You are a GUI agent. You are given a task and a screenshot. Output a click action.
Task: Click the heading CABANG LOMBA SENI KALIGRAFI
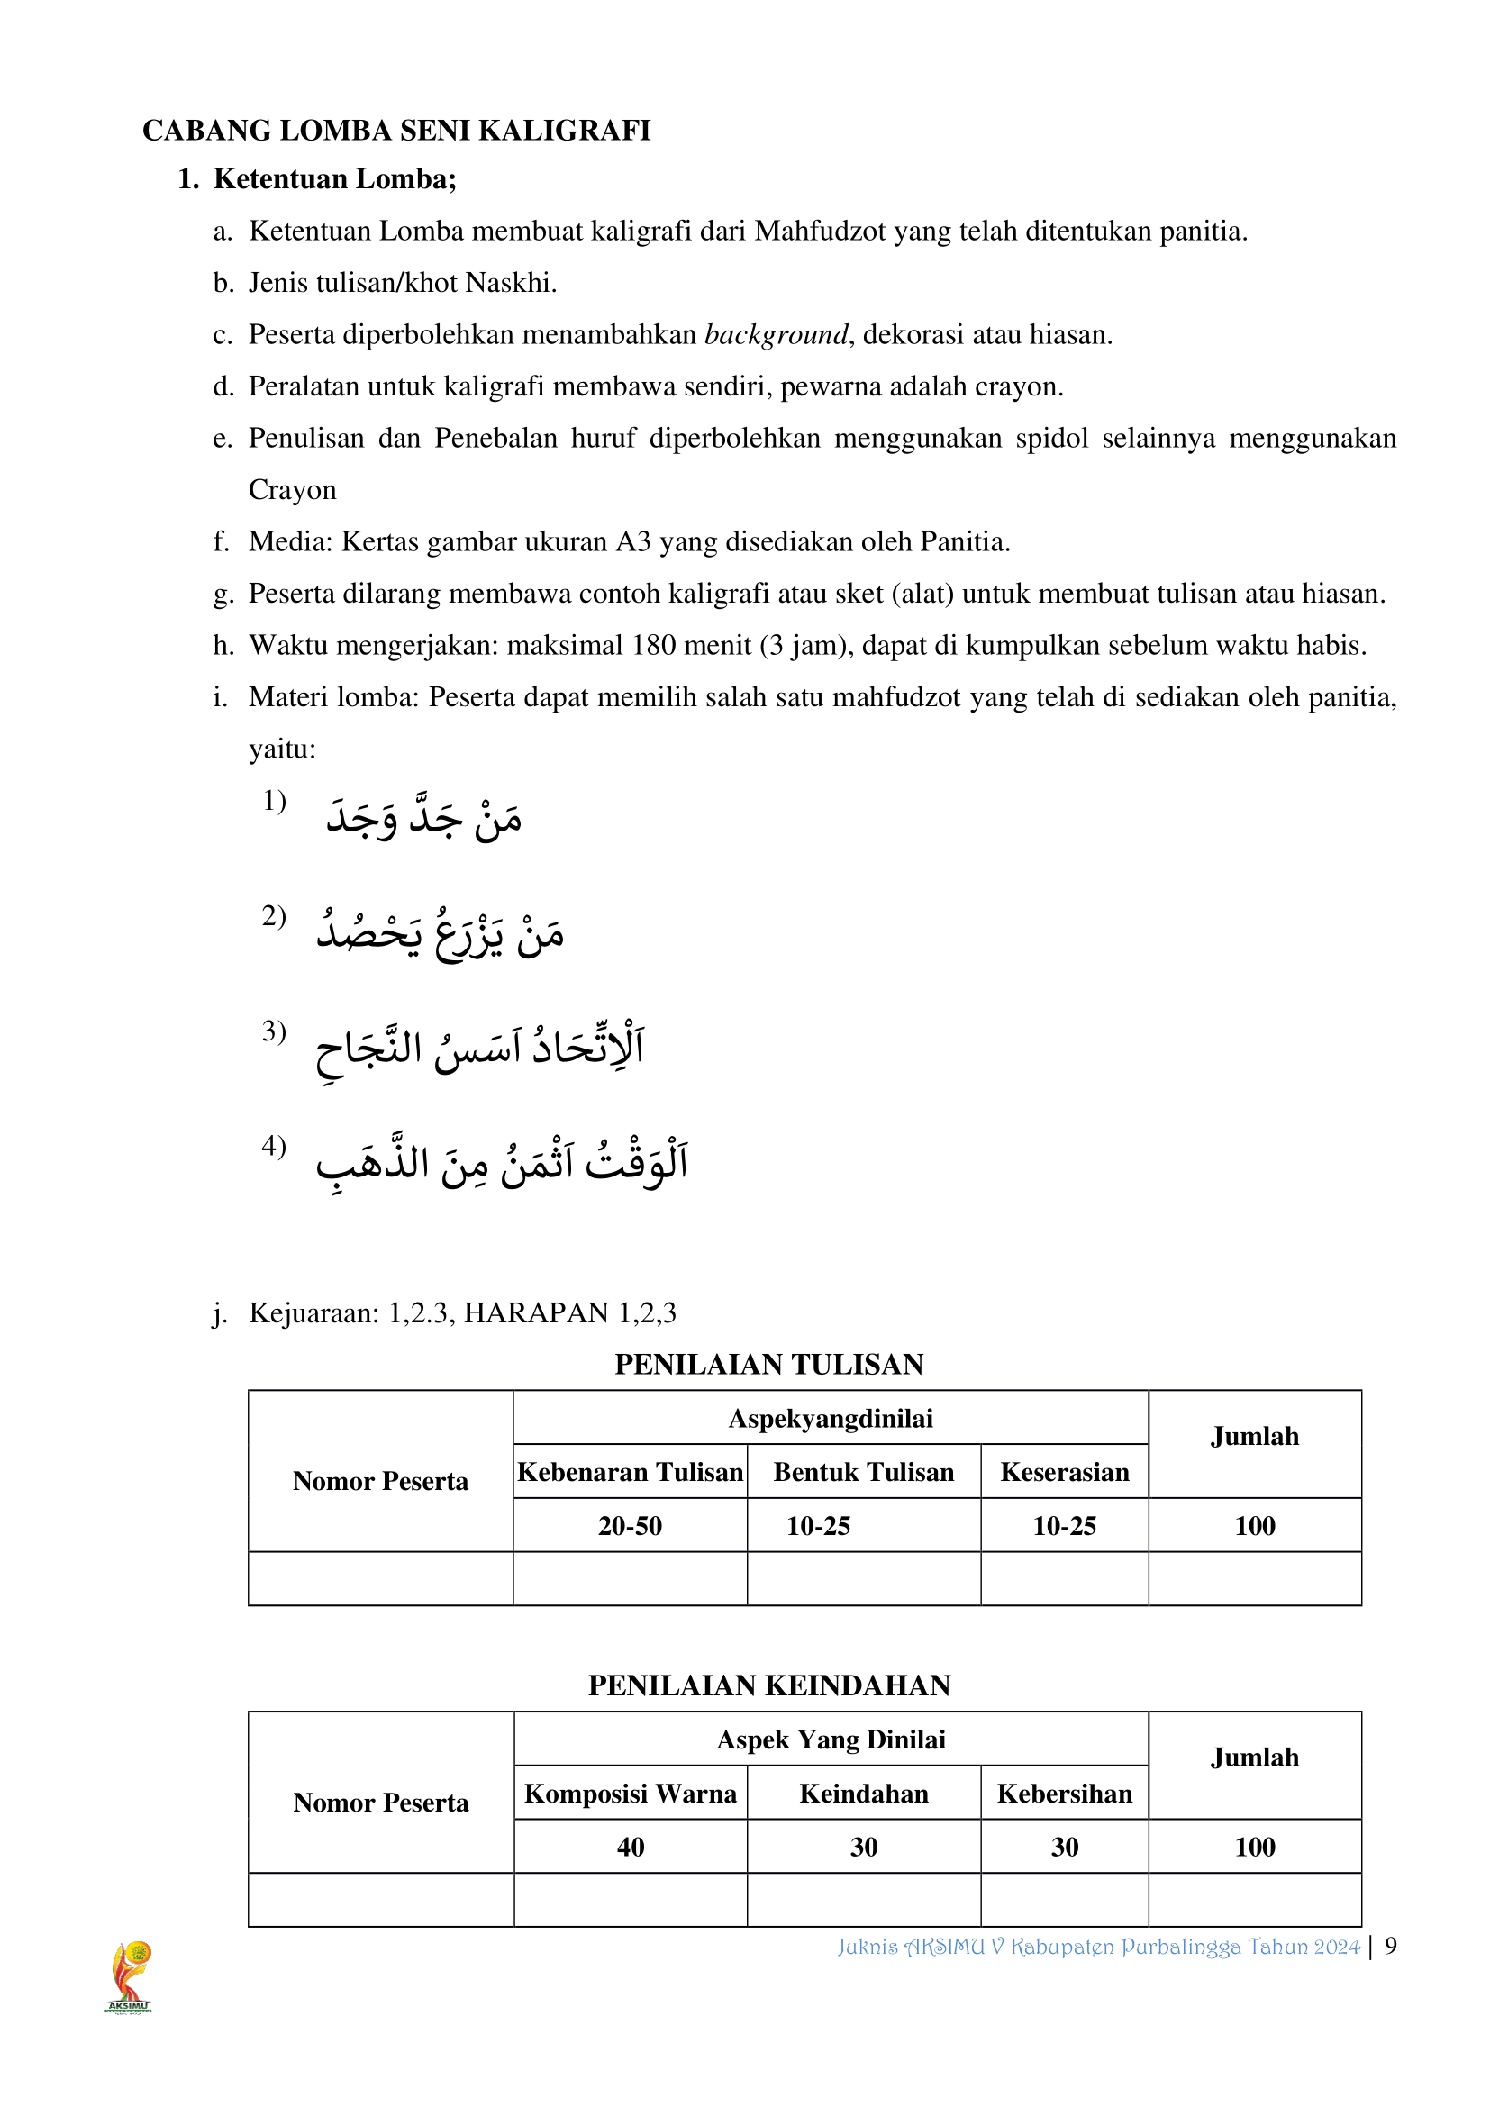[x=396, y=131]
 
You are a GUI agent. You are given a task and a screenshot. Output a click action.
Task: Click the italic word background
[x=777, y=335]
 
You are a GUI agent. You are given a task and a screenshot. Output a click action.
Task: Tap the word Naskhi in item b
[x=510, y=283]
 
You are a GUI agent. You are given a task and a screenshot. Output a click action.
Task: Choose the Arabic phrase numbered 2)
[x=441, y=932]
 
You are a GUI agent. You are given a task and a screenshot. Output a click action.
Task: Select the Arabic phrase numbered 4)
[x=501, y=1163]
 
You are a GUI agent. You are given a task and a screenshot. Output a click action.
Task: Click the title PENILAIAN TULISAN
[x=768, y=1365]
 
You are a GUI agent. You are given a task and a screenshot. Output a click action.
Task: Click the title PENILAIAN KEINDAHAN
[x=768, y=1685]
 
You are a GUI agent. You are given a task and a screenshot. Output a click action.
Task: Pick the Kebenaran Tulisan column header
[x=631, y=1472]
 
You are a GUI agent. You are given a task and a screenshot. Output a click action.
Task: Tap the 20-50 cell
[x=631, y=1526]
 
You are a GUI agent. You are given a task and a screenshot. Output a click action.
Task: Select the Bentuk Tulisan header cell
[x=863, y=1472]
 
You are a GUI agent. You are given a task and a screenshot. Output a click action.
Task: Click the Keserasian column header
[x=1064, y=1472]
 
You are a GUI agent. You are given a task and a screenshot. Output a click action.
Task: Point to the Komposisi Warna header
[x=631, y=1794]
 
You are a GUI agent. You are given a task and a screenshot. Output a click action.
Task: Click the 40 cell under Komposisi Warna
[x=631, y=1848]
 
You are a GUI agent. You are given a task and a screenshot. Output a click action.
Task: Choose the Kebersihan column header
[x=1064, y=1794]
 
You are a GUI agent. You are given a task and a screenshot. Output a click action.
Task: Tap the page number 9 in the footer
[x=1391, y=1946]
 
